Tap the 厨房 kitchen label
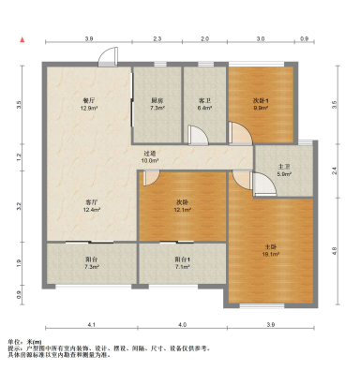tap(157, 101)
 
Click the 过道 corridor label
tap(150, 153)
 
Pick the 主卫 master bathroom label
tap(284, 167)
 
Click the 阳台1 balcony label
tap(183, 260)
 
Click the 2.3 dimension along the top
tap(157, 38)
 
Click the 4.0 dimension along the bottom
tap(183, 324)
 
